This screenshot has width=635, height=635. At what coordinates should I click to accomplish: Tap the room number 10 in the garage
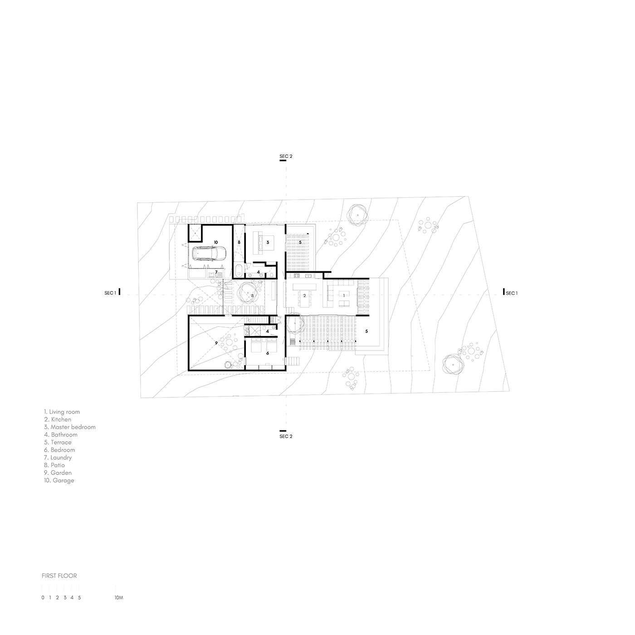click(x=216, y=242)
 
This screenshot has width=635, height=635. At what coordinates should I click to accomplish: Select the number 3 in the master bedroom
click(x=268, y=242)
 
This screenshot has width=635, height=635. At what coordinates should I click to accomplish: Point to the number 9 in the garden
click(x=216, y=343)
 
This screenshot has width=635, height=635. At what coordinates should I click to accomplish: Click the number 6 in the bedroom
click(x=268, y=353)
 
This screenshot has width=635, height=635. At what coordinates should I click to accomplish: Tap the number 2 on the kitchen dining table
click(x=304, y=296)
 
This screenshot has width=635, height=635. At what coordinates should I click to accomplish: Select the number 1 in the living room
click(x=344, y=296)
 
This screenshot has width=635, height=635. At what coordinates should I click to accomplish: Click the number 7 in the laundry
click(x=216, y=272)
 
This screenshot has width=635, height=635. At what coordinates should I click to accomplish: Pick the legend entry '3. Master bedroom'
click(x=70, y=427)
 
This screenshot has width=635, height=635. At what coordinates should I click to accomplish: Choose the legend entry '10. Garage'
click(x=59, y=480)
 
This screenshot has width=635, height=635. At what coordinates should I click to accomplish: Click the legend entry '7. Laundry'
click(x=58, y=457)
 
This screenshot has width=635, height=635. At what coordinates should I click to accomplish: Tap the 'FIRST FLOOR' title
click(x=59, y=576)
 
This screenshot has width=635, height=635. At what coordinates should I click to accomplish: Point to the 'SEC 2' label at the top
click(x=286, y=156)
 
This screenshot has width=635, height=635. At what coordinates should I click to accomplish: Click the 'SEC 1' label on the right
click(x=512, y=293)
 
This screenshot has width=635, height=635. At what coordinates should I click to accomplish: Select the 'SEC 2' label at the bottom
click(x=286, y=436)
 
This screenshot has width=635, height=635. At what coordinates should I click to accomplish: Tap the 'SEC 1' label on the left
click(x=110, y=293)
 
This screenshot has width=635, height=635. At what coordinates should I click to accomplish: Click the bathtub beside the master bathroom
click(x=239, y=270)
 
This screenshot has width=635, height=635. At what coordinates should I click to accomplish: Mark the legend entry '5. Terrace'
click(x=58, y=442)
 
